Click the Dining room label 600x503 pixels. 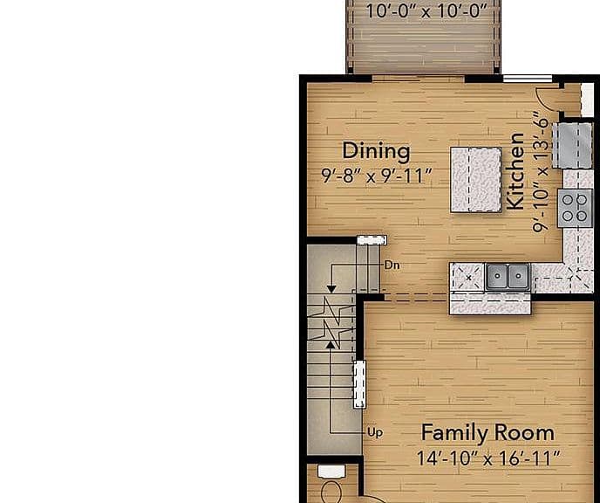tap(376, 150)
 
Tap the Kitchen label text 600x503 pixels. tap(515, 171)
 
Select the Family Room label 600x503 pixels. tap(487, 433)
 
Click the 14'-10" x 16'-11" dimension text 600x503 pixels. tap(487, 458)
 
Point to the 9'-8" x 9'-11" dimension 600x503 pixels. tap(377, 176)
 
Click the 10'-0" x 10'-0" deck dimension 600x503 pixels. tap(426, 10)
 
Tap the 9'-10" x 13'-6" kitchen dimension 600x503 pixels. tap(541, 172)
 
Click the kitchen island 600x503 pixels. tap(476, 180)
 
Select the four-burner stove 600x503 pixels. tap(575, 208)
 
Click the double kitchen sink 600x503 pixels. tap(508, 276)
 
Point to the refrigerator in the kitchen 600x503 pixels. tap(573, 146)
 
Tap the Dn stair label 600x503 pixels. tap(392, 265)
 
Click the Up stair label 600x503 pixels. tap(375, 432)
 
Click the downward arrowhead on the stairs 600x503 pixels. tap(331, 289)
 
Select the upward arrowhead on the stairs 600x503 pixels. tap(330, 345)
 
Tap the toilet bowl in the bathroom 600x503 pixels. tap(331, 493)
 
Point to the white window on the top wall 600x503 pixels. tap(528, 79)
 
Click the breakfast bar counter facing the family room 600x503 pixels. tap(490, 303)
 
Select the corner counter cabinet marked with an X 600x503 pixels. tap(468, 277)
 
